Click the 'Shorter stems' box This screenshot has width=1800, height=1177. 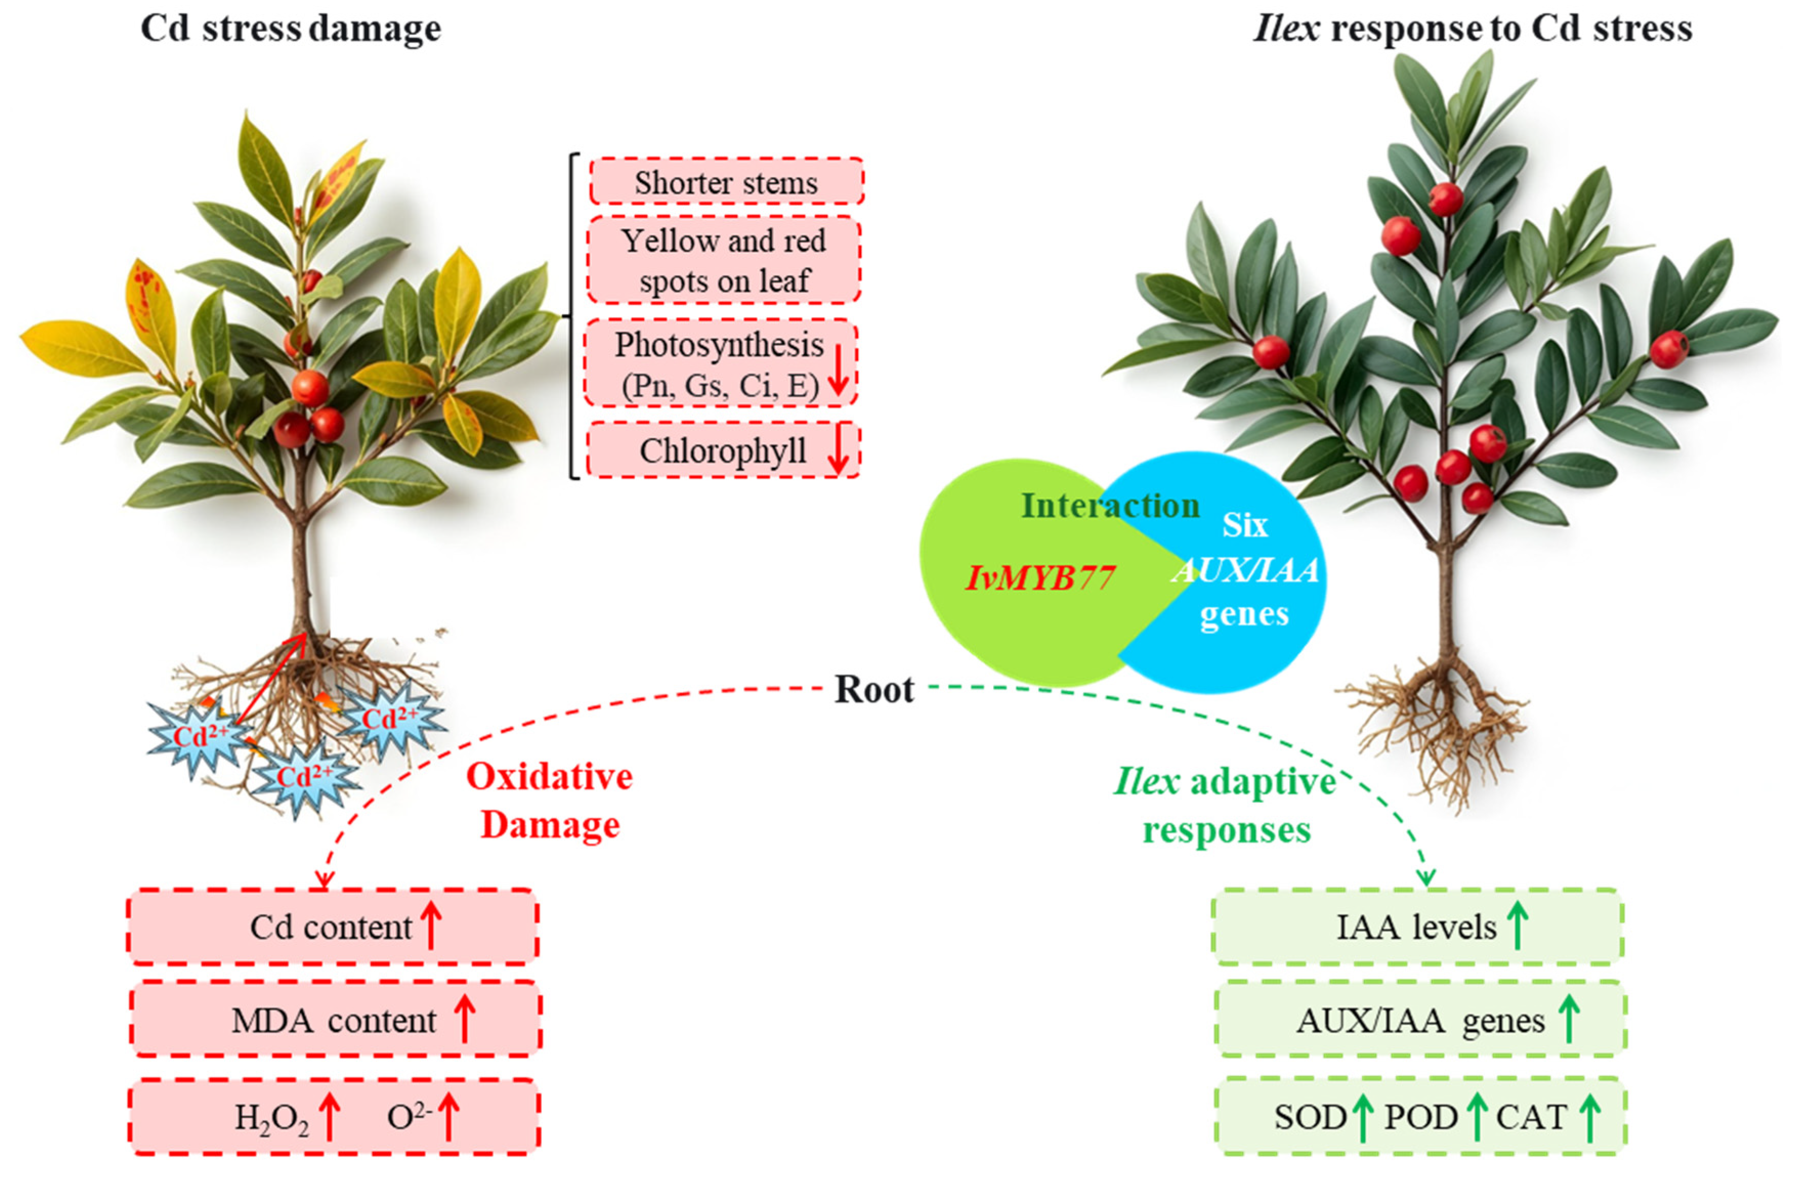(x=726, y=182)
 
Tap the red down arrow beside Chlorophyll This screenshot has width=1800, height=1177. (x=837, y=451)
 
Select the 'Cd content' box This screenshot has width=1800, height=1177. (x=333, y=927)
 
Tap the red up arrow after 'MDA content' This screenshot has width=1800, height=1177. (x=464, y=1019)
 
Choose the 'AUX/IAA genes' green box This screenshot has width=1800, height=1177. (x=1420, y=1020)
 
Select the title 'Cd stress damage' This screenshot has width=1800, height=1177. (x=291, y=29)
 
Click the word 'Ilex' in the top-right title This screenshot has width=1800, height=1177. (x=1287, y=29)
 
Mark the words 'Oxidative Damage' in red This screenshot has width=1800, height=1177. (x=550, y=800)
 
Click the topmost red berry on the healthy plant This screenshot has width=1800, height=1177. (x=1445, y=199)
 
